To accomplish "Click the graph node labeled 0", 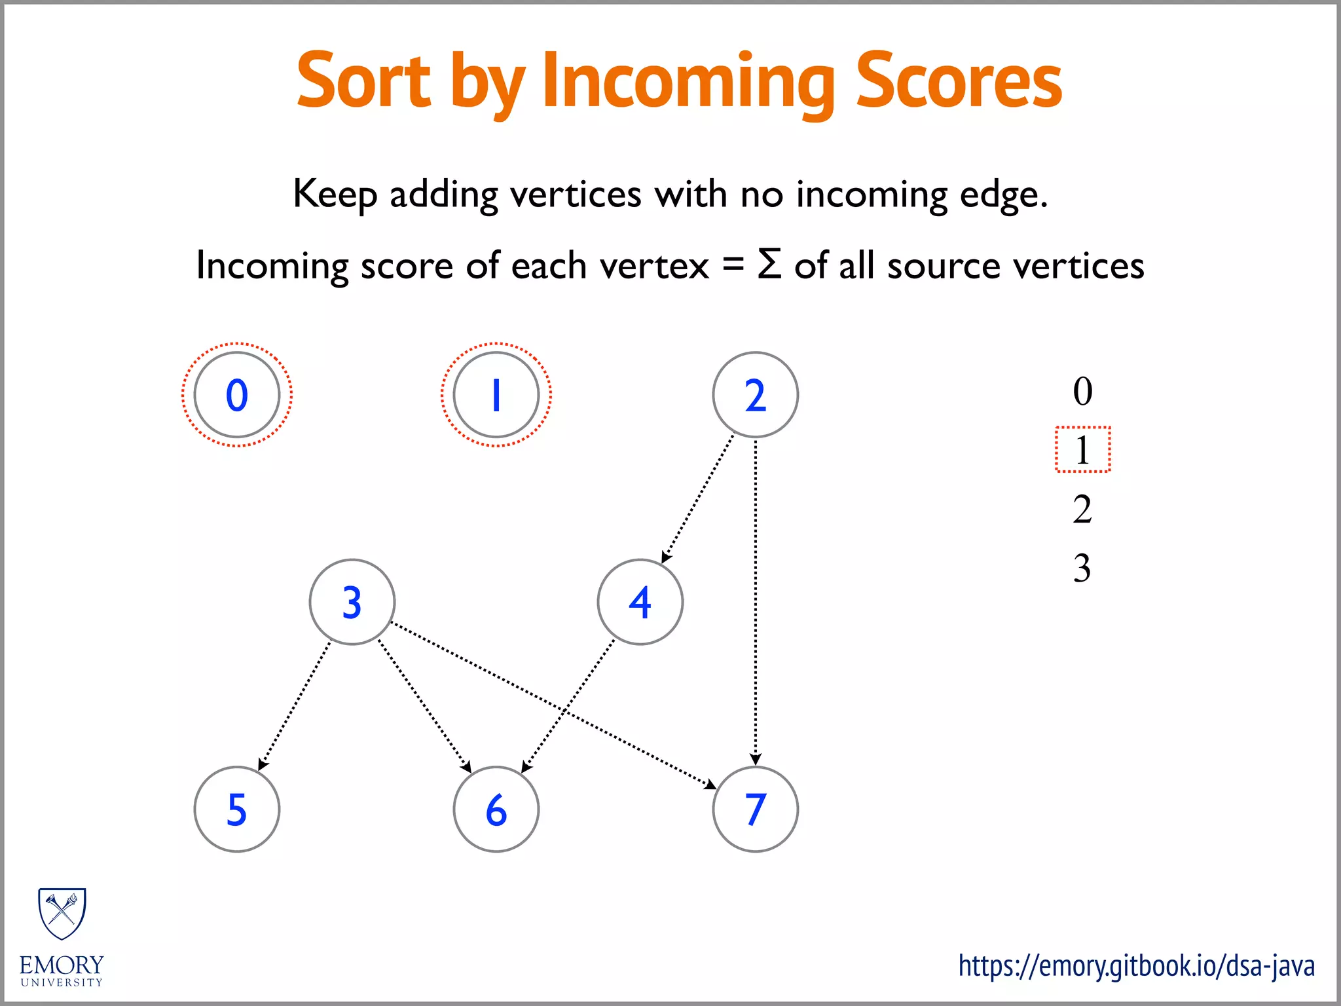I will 237,395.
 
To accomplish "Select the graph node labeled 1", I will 496,395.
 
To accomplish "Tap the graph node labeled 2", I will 755,395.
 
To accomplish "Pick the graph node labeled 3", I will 352,602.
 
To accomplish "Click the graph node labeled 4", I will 640,602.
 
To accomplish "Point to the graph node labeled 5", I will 237,809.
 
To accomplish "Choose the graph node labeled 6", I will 496,809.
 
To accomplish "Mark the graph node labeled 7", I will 755,809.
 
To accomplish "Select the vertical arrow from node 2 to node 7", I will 756,603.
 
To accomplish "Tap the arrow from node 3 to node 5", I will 295,705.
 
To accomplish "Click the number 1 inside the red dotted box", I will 1082,450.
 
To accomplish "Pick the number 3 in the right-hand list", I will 1082,568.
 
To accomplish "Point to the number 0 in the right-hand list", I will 1082,391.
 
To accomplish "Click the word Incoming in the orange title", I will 688,82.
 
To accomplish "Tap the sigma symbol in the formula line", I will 769,265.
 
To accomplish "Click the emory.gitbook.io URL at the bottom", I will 1136,966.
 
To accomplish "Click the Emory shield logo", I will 62,914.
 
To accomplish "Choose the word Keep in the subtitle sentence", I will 335,195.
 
